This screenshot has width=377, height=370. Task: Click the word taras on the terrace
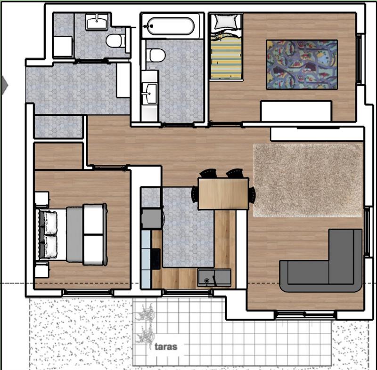coord(166,346)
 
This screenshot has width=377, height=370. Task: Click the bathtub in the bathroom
coord(171,26)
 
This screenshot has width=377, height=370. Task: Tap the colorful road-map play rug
coord(302,65)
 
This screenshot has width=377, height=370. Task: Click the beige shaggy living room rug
coord(308,180)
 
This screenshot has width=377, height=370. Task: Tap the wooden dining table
coord(223,193)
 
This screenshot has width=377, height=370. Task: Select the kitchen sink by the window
coord(214,278)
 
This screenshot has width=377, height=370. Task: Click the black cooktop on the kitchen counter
coord(156,259)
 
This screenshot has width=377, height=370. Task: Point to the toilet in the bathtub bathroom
coord(156,56)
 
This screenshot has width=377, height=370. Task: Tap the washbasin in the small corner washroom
coord(97,22)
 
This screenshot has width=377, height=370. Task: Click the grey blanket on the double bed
coord(74,234)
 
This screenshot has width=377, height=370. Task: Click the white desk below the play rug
coord(296,111)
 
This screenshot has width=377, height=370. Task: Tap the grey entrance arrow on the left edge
coord(4,85)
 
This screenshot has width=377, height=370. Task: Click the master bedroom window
coord(88,293)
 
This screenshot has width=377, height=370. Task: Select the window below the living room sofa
coord(305,314)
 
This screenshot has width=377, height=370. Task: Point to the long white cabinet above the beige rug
coord(317,134)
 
